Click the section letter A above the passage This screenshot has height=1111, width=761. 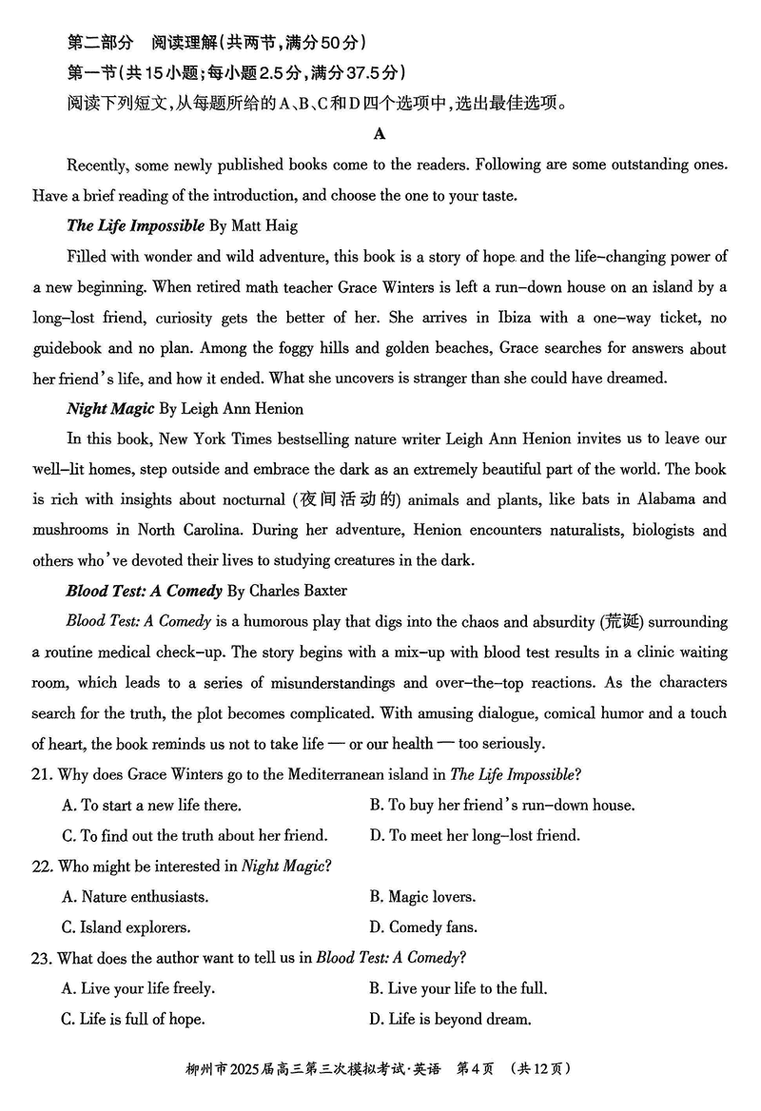point(380,134)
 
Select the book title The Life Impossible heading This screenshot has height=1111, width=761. point(135,226)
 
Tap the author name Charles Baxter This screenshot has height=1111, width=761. point(298,592)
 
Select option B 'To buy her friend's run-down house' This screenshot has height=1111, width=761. point(501,806)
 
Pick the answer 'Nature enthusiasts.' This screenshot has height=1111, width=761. point(135,897)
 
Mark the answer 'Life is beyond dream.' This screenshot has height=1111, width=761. point(449,1019)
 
